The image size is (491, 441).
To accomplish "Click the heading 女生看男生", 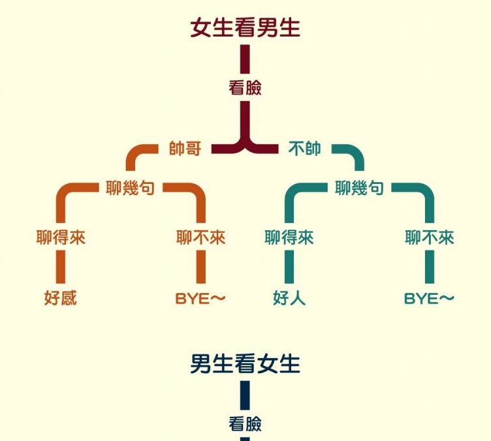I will (245, 27).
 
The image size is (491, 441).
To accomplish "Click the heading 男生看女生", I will (245, 363).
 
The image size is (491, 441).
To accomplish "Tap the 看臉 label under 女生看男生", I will (245, 88).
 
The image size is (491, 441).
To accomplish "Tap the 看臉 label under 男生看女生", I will (245, 424).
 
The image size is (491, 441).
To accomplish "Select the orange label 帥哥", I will (185, 149).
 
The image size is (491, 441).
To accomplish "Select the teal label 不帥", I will (304, 149).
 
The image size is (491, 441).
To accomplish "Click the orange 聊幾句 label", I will (130, 189).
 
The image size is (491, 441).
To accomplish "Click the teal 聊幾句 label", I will (359, 189).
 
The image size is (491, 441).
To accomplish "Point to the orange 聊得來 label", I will (61, 237).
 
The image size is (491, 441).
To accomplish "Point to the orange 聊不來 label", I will (200, 237).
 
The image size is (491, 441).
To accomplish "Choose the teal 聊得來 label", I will (289, 237).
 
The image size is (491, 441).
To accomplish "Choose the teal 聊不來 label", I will (429, 237).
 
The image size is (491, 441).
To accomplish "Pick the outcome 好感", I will (61, 298).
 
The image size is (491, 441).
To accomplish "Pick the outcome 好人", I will (289, 298).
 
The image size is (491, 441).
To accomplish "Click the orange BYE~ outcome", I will (200, 298).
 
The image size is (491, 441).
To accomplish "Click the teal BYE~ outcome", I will (429, 298).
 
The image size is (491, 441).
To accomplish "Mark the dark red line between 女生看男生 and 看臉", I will (245, 60).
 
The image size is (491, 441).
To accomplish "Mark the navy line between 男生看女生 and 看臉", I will (245, 395).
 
